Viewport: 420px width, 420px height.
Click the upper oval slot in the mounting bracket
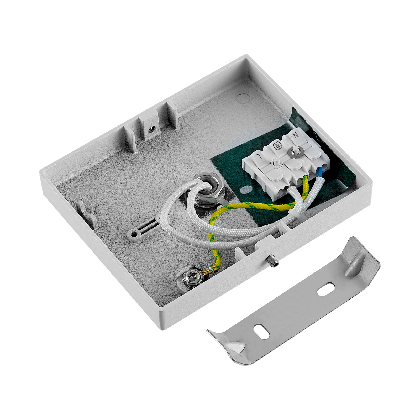(325, 291)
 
